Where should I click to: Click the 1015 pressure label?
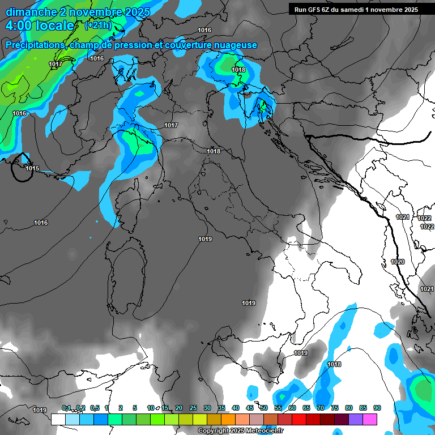click(x=32, y=168)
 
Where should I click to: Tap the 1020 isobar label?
click(x=398, y=262)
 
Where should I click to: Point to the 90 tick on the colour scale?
click(x=377, y=408)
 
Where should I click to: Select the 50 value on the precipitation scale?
click(x=264, y=408)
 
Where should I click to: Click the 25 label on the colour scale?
click(x=193, y=408)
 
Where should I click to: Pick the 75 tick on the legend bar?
click(x=335, y=408)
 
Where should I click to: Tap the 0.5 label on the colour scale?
click(x=94, y=408)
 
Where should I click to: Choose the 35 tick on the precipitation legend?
click(x=221, y=408)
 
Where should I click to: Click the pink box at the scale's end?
click(x=370, y=419)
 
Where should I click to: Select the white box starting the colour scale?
click(x=58, y=419)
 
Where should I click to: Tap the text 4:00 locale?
click(x=40, y=25)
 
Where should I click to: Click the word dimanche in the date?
click(x=31, y=12)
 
